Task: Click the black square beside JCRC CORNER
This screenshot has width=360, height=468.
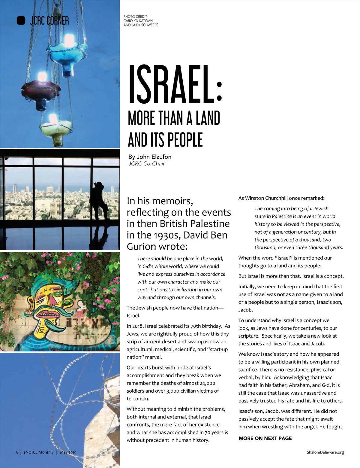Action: (x=21, y=20)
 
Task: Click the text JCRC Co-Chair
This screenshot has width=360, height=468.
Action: (x=146, y=164)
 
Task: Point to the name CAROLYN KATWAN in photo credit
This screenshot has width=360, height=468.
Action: (x=138, y=21)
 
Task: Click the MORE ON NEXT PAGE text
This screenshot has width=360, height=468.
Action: (x=265, y=438)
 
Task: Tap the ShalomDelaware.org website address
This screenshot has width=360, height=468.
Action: (x=325, y=452)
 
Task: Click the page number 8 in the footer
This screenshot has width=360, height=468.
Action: (x=17, y=452)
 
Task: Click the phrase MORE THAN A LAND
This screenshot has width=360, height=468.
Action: (x=174, y=118)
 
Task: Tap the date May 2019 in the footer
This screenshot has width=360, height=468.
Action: (x=68, y=452)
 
